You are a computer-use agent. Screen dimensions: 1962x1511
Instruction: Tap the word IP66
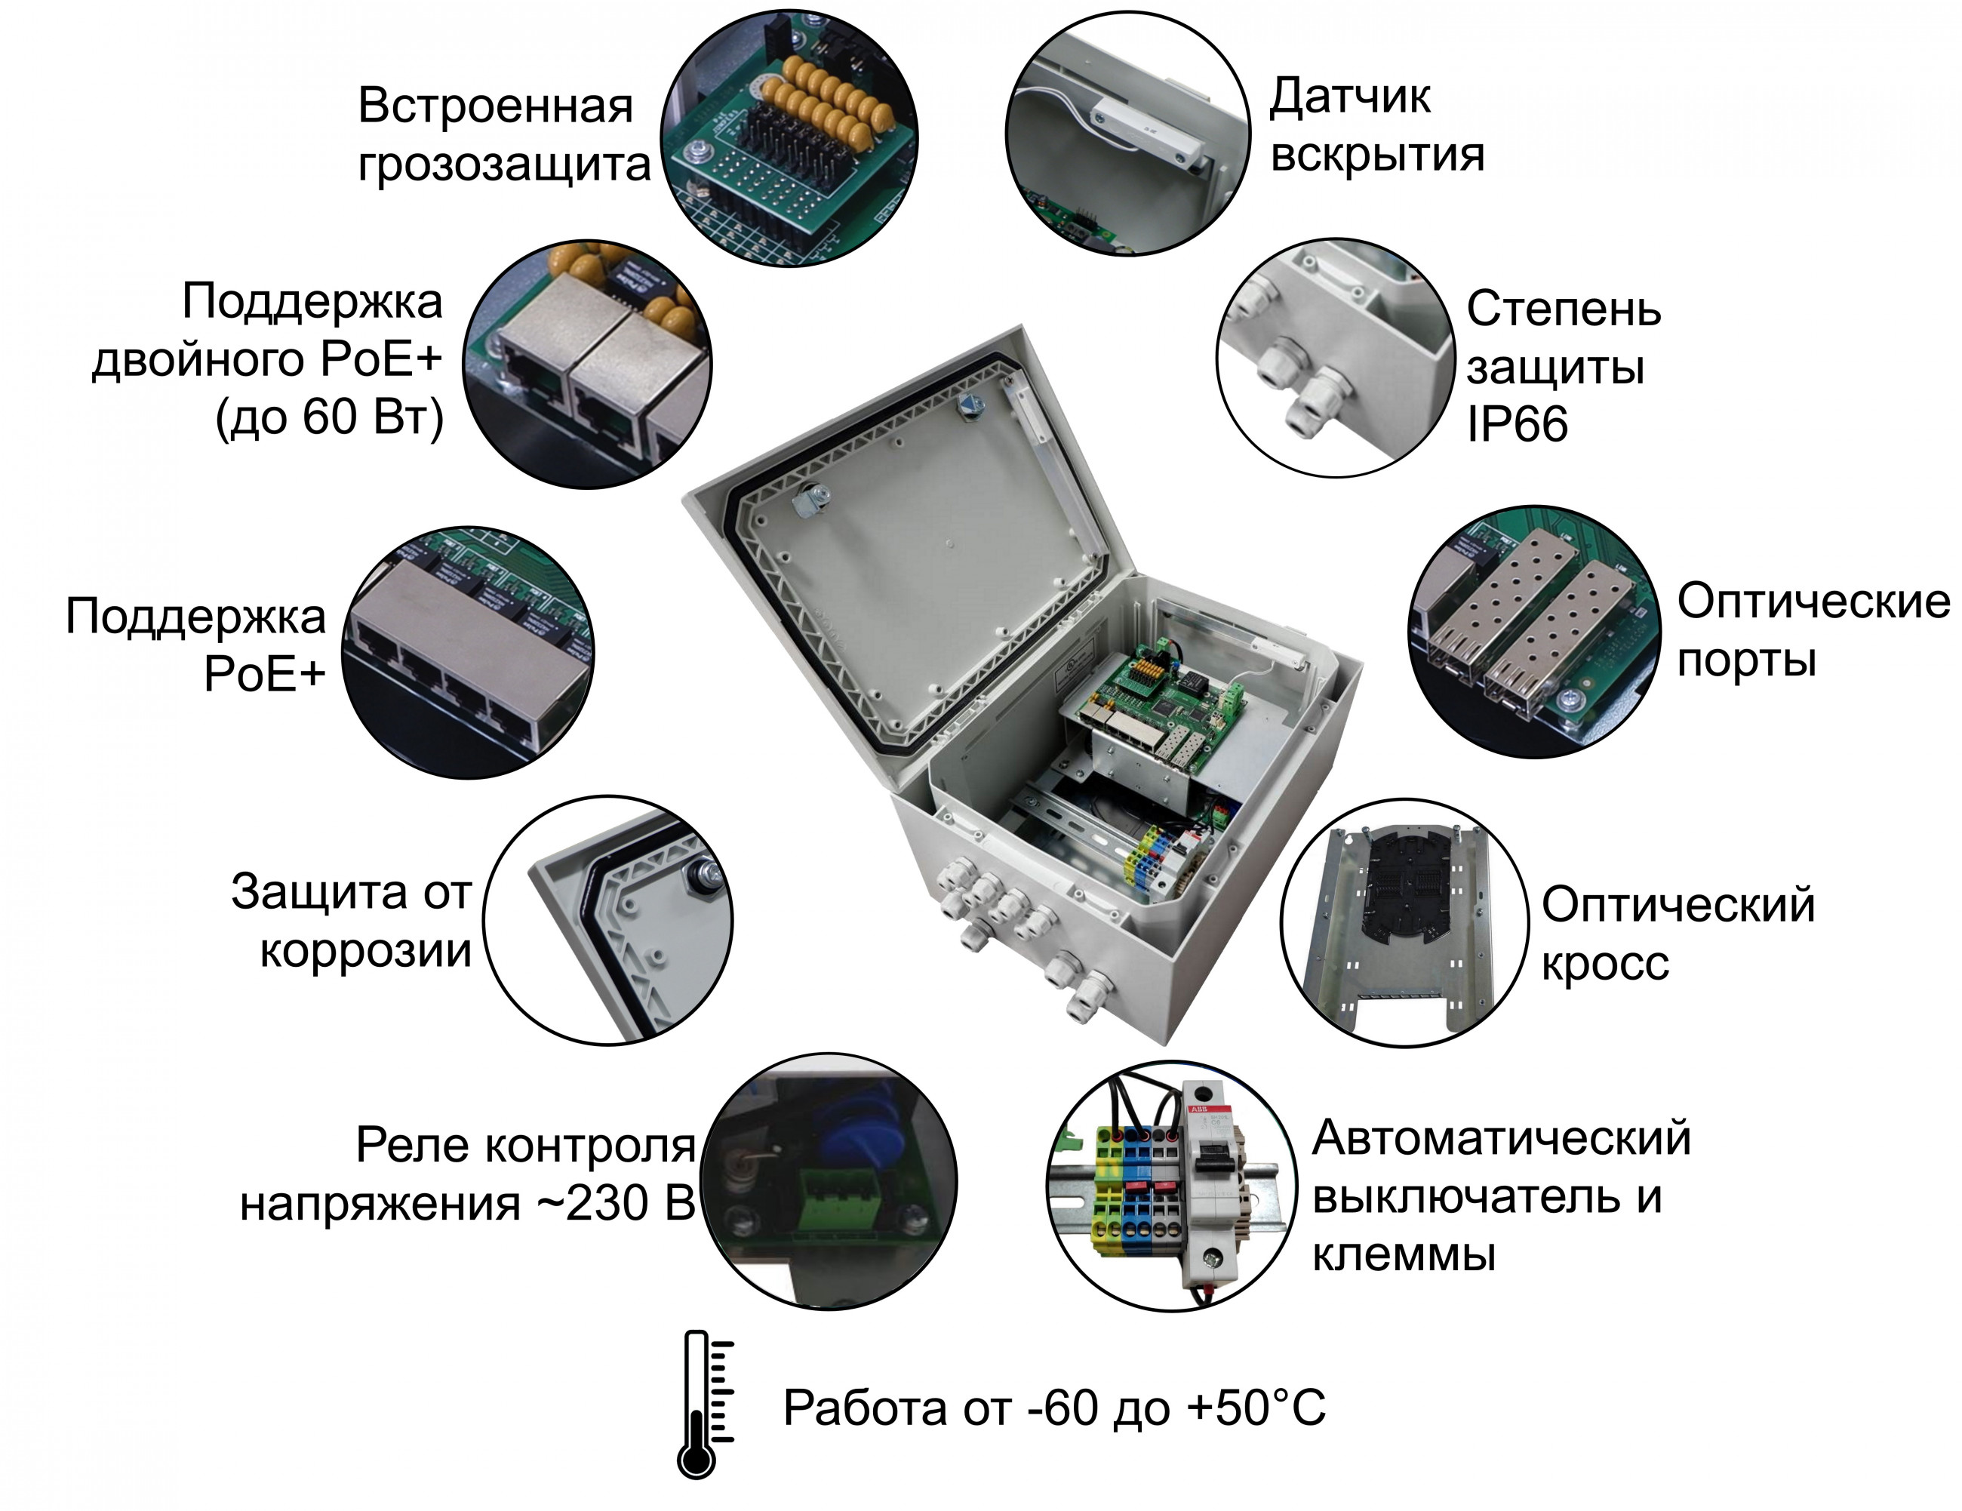click(1518, 424)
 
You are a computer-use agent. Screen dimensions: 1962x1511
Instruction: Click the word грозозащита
click(504, 165)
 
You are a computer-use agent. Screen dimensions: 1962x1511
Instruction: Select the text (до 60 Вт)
click(330, 417)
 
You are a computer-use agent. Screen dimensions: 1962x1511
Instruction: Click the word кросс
click(1605, 964)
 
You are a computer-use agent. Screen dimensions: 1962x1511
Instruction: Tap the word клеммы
click(1404, 1255)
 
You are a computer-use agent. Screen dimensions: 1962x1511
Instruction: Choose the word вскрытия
click(1378, 155)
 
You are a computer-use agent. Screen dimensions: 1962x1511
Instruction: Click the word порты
click(1747, 661)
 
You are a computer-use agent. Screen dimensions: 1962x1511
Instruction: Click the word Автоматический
click(1501, 1139)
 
